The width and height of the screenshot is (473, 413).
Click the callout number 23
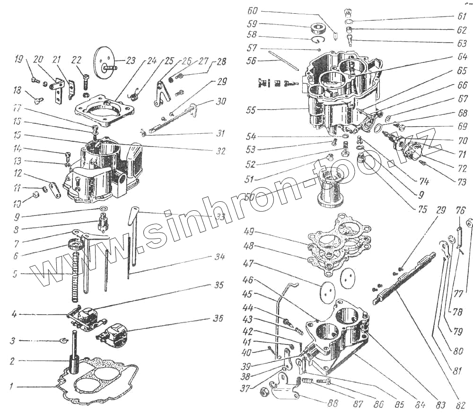[x=130, y=60]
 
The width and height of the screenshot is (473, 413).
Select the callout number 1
[x=10, y=387]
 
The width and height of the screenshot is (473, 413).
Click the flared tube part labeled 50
[x=332, y=189]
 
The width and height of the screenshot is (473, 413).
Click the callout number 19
[x=19, y=60]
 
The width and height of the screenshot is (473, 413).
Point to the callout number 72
[x=462, y=168]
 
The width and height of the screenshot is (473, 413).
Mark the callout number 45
[x=248, y=294]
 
